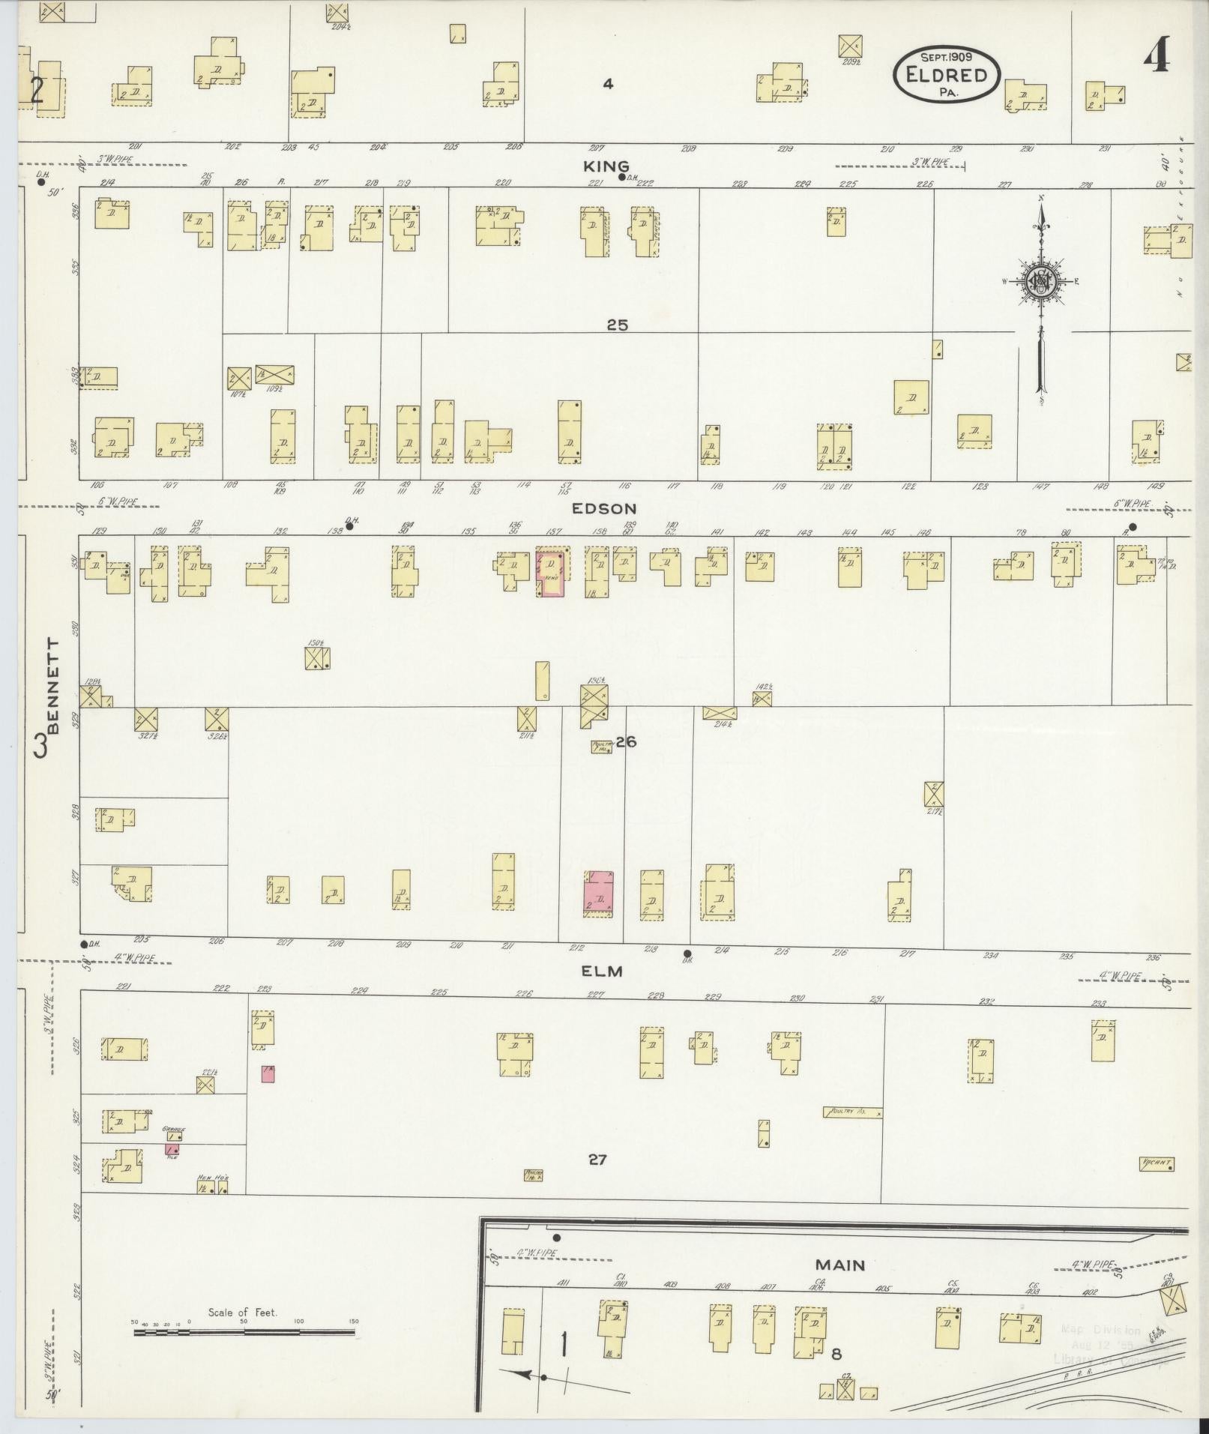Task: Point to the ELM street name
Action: (603, 971)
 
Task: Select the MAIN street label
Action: (840, 1265)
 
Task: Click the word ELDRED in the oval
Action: (945, 75)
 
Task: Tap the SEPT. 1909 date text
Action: (946, 56)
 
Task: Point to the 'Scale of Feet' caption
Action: (243, 1313)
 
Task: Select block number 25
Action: (618, 325)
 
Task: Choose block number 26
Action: (627, 742)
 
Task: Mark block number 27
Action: (597, 1160)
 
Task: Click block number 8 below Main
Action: (836, 1354)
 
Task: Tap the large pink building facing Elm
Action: (599, 894)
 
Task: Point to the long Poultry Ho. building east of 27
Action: (851, 1113)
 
